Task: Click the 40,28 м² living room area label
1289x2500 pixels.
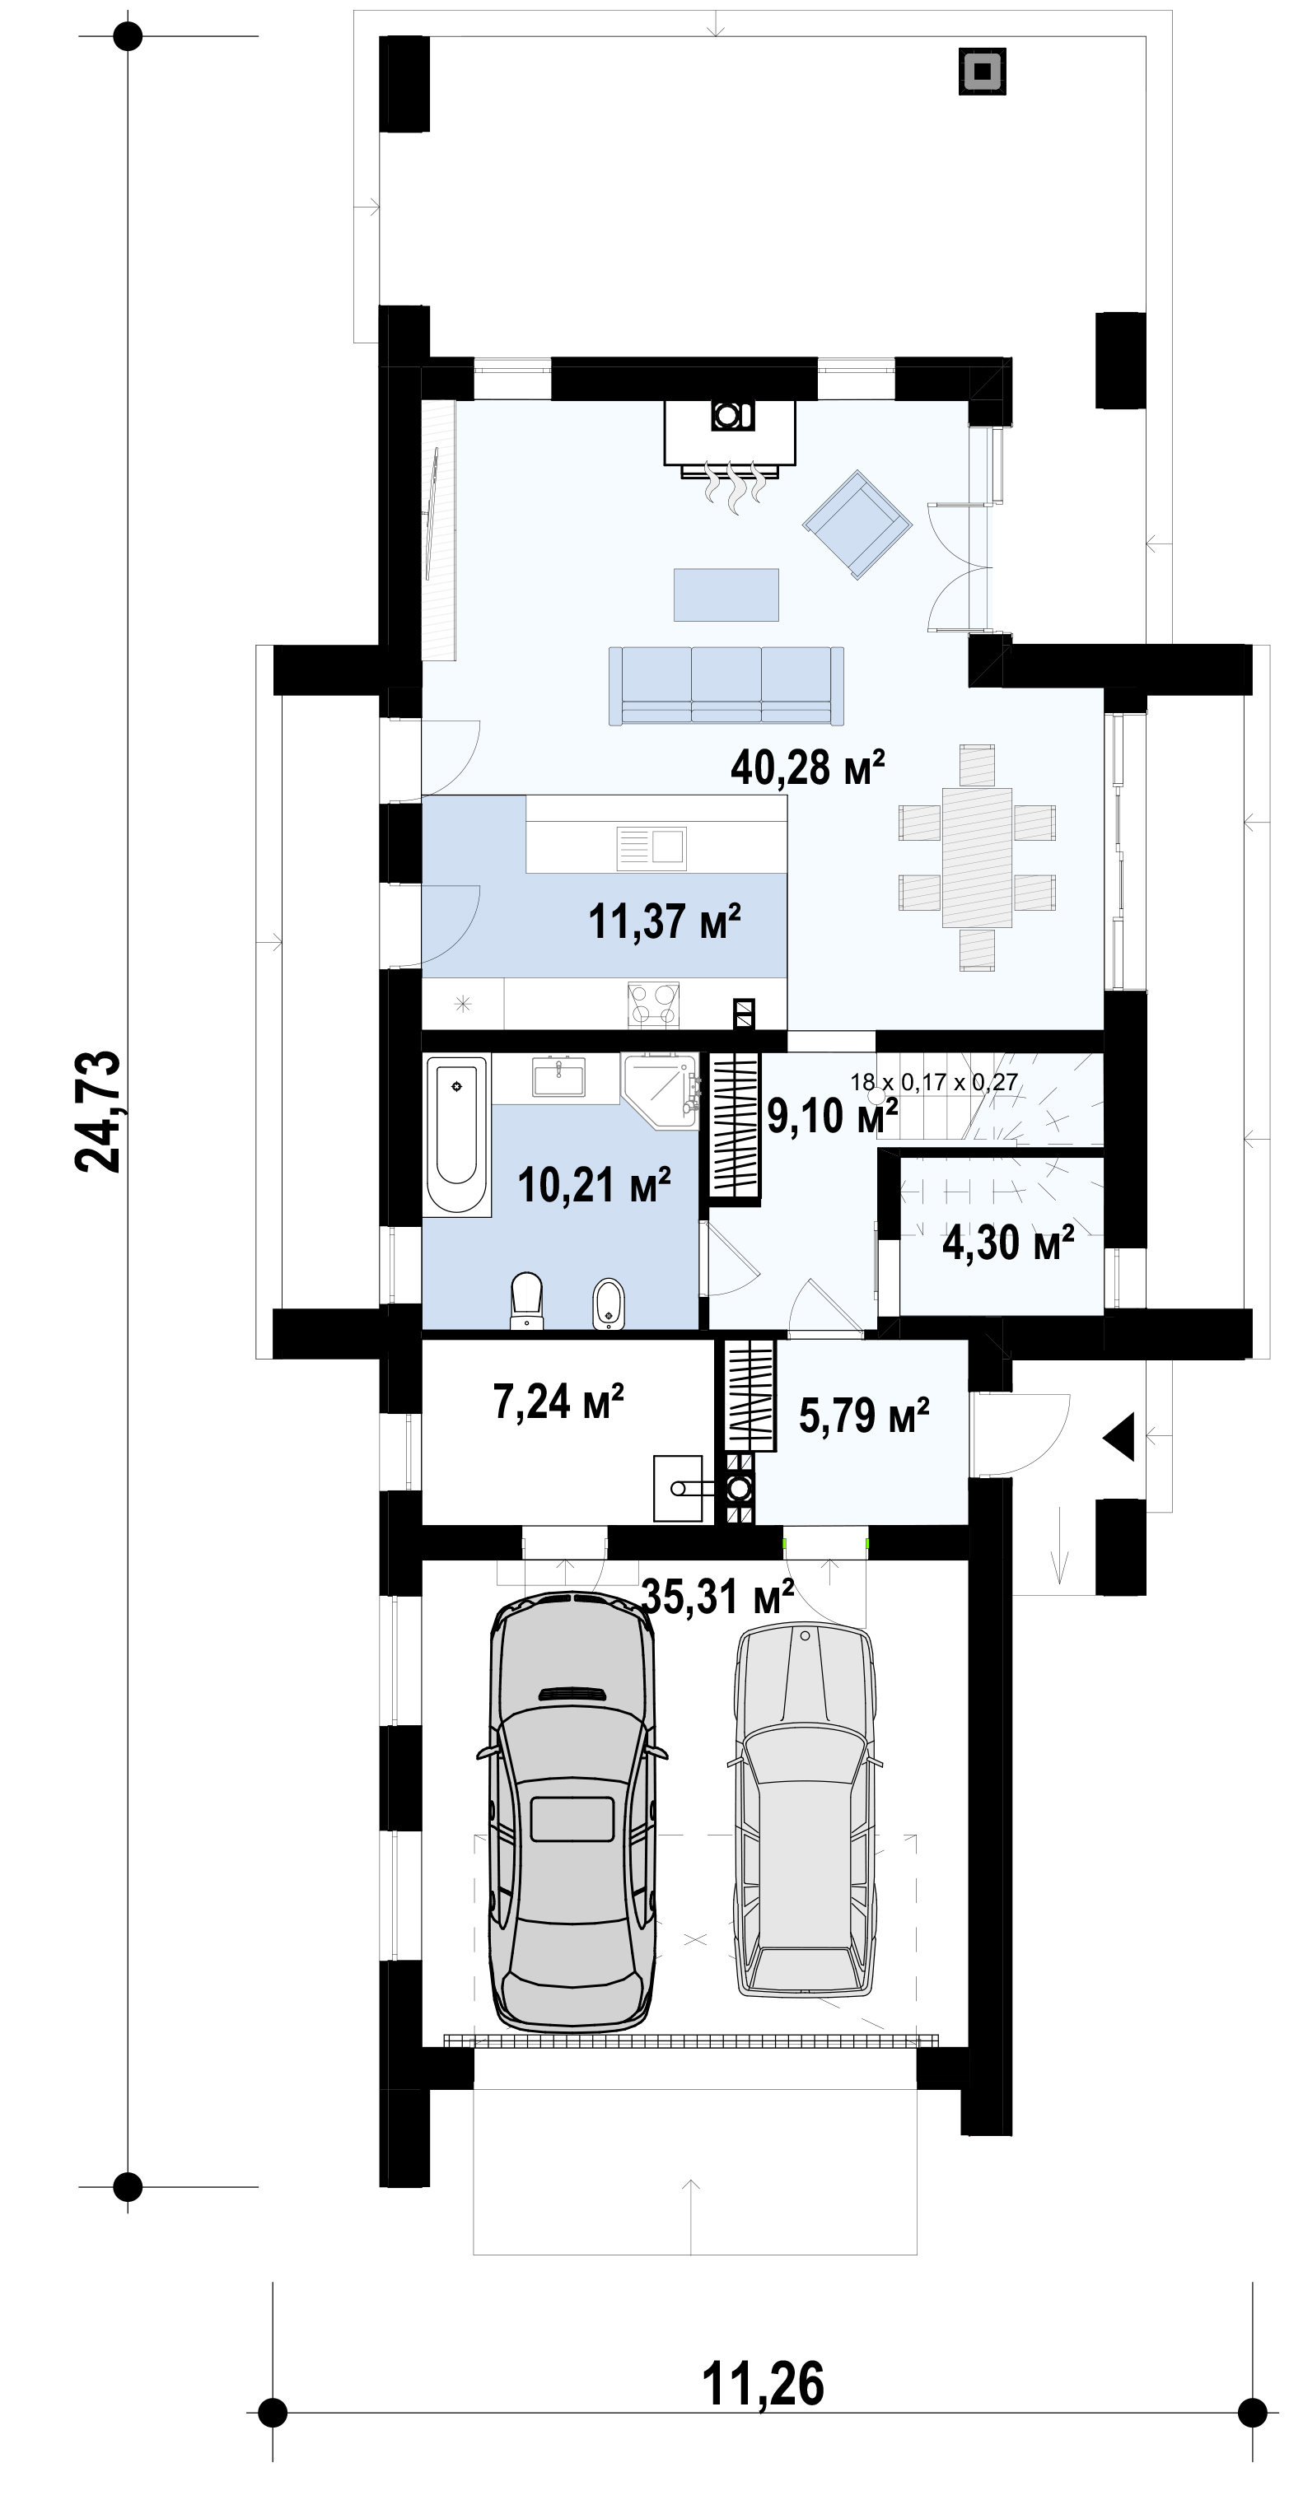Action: [x=807, y=767]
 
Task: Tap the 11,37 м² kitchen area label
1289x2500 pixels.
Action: [x=665, y=921]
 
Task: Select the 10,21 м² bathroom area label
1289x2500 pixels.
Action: [x=594, y=1185]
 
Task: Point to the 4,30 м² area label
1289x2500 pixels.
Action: [x=1008, y=1243]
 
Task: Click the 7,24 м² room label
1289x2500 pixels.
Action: [x=558, y=1402]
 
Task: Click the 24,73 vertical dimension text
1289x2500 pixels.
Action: [x=98, y=1112]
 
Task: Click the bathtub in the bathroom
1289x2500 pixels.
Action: [x=457, y=1135]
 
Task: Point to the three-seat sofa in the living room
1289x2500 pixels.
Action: [x=726, y=685]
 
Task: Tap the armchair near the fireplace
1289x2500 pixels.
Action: [x=857, y=525]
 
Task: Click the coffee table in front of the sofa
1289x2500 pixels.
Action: [x=726, y=594]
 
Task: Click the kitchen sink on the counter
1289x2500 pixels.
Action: [x=652, y=848]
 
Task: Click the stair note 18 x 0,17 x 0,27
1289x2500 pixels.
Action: [x=934, y=1082]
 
